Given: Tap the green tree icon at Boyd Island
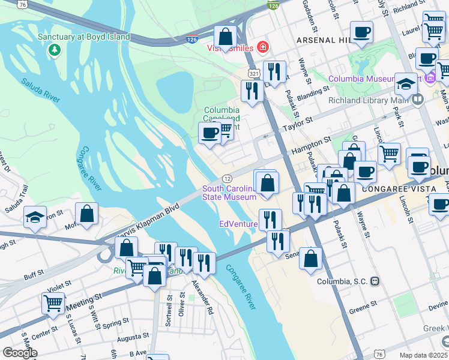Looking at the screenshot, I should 55,49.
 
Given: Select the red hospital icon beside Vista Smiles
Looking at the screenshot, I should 262,47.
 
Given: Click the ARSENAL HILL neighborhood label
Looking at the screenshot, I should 323,40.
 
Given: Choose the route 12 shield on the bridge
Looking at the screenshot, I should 228,179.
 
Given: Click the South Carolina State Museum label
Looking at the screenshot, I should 229,193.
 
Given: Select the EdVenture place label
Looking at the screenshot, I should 238,224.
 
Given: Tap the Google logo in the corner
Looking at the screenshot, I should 20,353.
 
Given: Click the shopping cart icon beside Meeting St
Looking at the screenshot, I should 53,303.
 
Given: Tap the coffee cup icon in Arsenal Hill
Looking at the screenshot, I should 361,32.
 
